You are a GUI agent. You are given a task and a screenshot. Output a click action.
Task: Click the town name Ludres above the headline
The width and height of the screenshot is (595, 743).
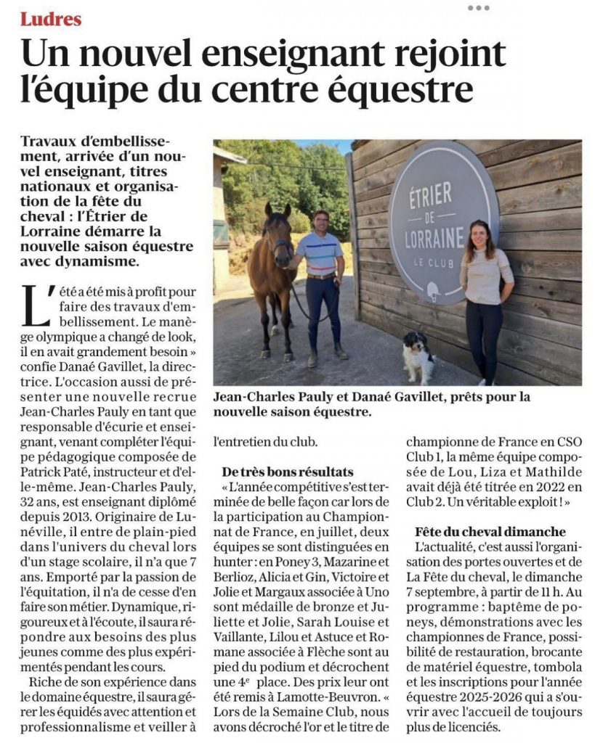click(x=51, y=19)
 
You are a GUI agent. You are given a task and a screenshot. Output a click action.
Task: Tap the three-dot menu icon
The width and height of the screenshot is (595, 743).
click(x=478, y=8)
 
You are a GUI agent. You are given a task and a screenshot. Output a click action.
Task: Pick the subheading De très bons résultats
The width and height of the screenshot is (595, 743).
click(x=288, y=472)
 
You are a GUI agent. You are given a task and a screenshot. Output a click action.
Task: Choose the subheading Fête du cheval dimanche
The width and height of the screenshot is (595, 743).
click(x=491, y=531)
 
